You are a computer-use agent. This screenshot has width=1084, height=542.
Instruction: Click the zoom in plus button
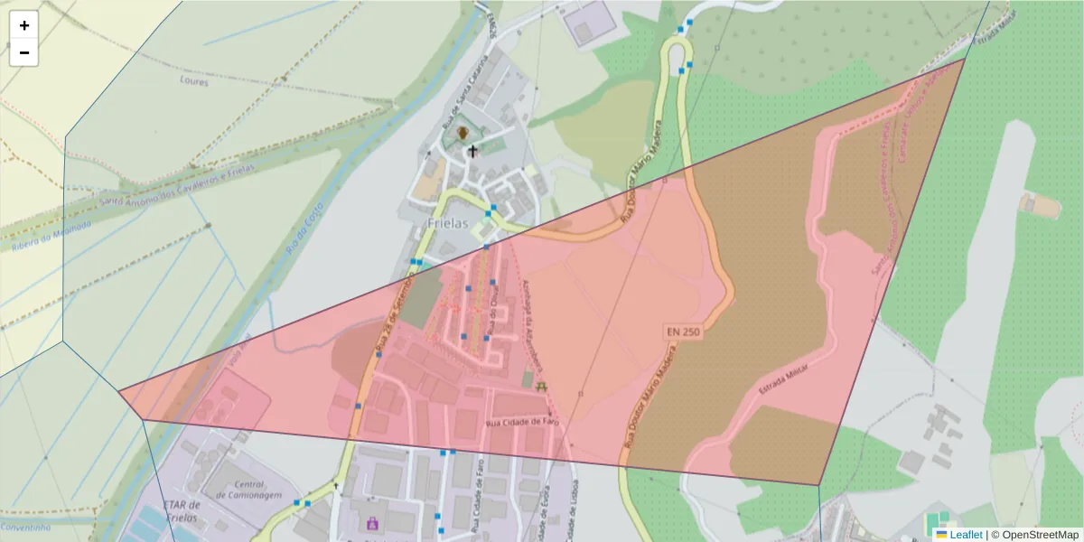coord(24,26)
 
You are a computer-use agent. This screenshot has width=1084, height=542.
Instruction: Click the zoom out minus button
coord(24,53)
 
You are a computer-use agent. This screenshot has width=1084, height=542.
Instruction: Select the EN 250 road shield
coord(684,332)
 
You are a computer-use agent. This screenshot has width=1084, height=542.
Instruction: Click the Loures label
coord(194,81)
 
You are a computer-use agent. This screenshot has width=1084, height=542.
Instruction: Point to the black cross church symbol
coord(472,152)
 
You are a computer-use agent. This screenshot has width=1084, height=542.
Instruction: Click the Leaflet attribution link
coord(965,534)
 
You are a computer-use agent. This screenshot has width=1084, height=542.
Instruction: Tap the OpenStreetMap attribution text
coord(1040,534)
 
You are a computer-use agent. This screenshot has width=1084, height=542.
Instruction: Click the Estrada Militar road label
coord(783,381)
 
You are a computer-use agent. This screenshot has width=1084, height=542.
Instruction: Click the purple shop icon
coord(371,522)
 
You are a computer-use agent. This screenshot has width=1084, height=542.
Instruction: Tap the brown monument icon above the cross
coord(463,134)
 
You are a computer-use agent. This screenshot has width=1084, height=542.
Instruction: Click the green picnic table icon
coord(542,386)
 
